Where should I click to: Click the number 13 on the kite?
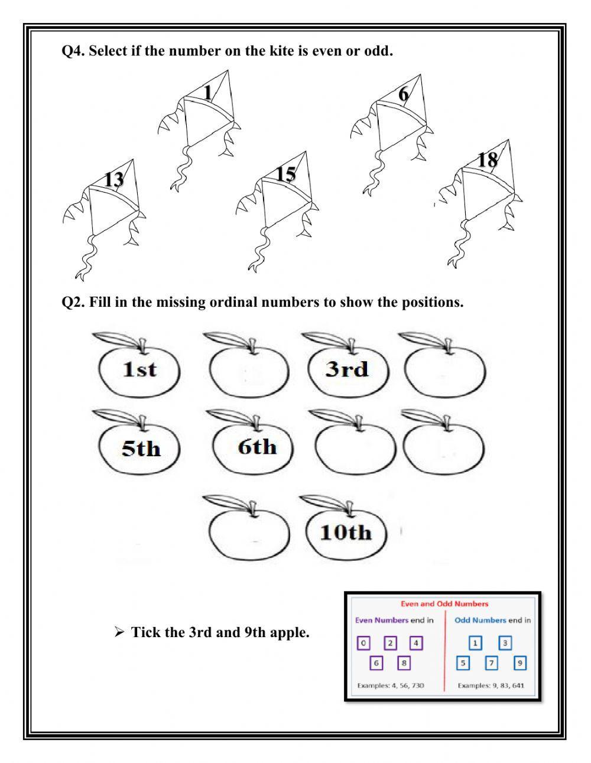tap(113, 178)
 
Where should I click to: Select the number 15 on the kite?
tap(285, 174)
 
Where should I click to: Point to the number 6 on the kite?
tap(403, 94)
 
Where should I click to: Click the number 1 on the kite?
tap(207, 93)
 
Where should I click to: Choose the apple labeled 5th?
tap(141, 448)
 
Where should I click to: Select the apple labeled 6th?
tap(258, 446)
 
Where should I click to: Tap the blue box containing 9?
tap(519, 663)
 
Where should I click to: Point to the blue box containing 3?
tap(505, 643)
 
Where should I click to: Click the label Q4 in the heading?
tap(73, 51)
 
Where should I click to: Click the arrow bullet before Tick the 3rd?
tap(119, 633)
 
